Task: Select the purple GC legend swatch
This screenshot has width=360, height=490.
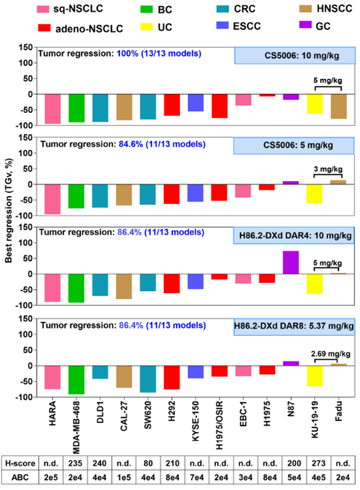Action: [x=289, y=28]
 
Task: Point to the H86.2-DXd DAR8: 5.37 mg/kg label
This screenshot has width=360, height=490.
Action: [x=294, y=326]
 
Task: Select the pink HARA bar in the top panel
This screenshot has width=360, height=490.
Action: [x=52, y=109]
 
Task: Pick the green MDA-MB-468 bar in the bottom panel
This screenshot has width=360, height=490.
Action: [x=76, y=380]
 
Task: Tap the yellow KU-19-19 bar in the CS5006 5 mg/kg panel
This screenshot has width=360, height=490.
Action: [x=315, y=194]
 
